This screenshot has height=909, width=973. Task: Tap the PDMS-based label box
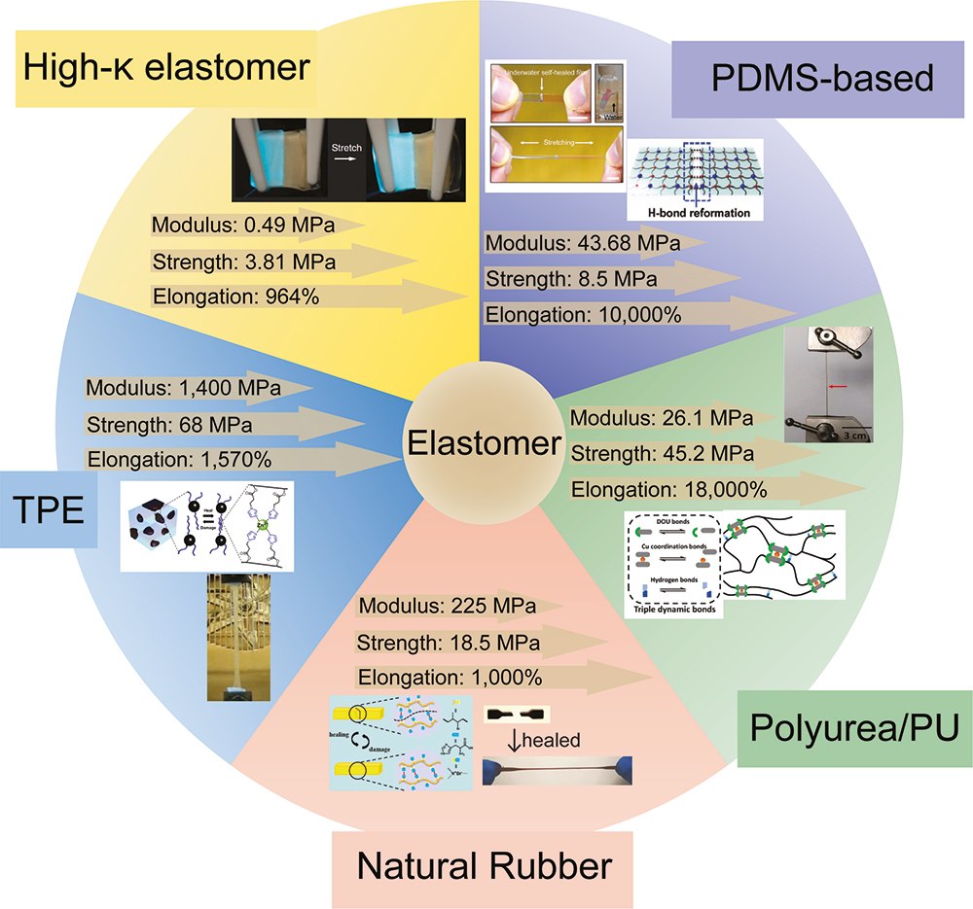[803, 78]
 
